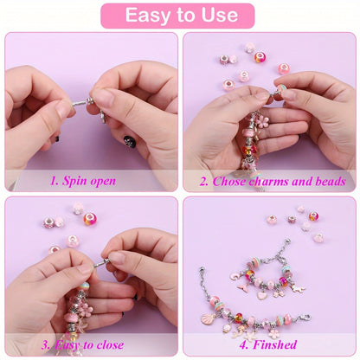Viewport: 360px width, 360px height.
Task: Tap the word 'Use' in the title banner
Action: coord(218,15)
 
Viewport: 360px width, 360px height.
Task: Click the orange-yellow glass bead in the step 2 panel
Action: coord(260,57)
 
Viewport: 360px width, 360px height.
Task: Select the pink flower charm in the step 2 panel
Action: coord(260,119)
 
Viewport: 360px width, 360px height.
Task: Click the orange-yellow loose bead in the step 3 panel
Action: coord(90,218)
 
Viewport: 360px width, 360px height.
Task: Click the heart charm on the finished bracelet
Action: coord(262,293)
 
